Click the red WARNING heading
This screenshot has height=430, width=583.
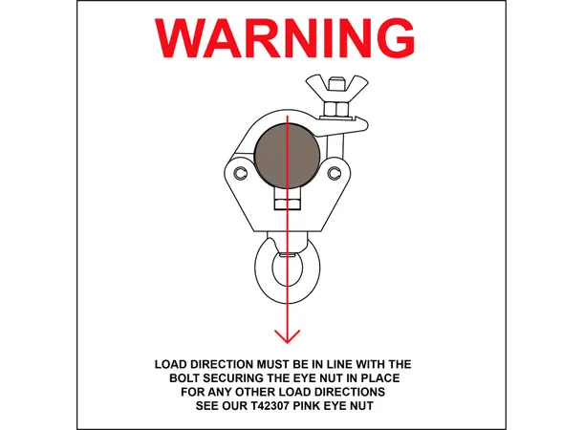(285, 38)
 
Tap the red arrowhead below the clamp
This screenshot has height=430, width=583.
(287, 336)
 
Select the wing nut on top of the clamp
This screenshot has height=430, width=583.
(336, 88)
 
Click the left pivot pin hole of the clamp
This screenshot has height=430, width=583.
(241, 173)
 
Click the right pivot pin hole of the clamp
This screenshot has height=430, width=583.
(335, 173)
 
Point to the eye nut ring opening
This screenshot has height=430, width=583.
(287, 270)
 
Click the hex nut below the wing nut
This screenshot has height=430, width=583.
(336, 109)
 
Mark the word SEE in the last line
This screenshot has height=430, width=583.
(207, 406)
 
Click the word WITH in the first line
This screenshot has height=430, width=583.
(370, 364)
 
